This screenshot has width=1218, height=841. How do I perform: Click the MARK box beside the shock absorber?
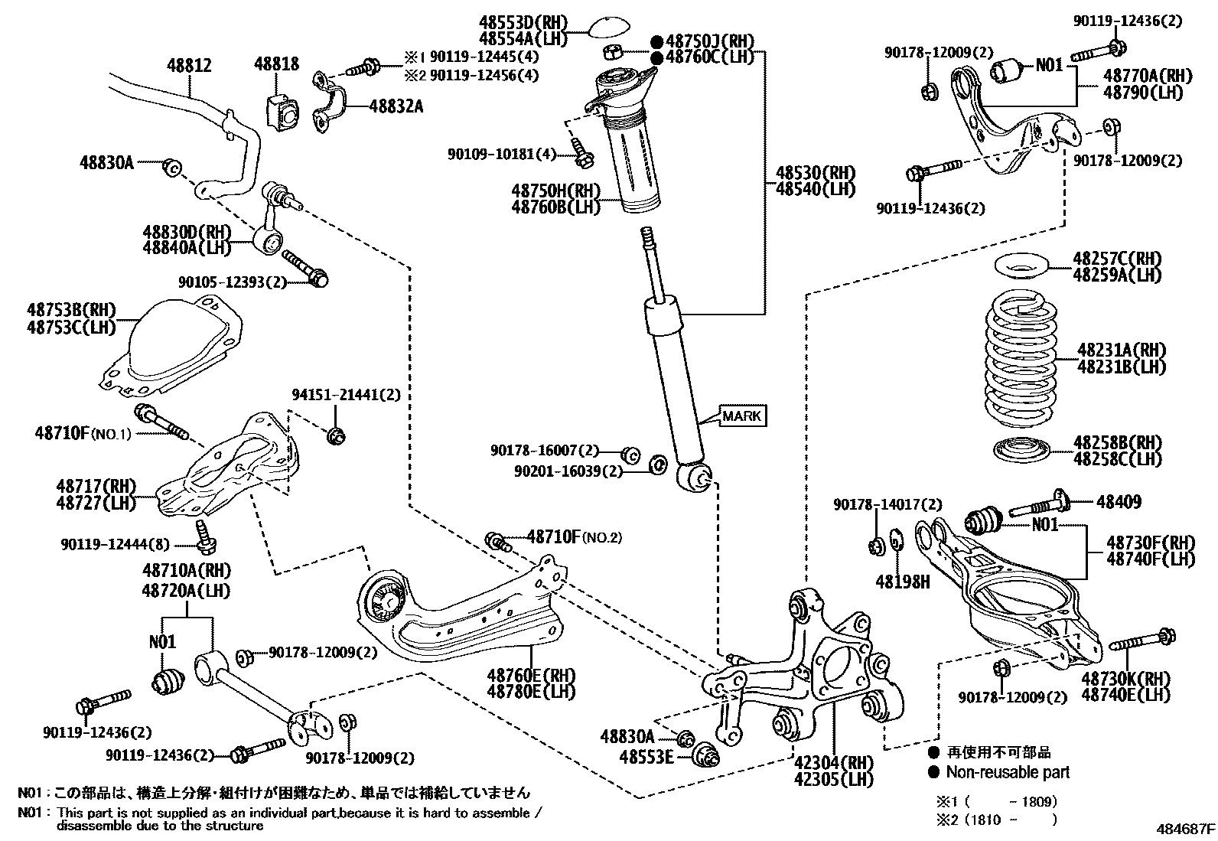[x=741, y=416]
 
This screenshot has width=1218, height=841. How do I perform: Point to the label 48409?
[x=1119, y=502]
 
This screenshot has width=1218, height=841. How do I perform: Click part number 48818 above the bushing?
[x=277, y=64]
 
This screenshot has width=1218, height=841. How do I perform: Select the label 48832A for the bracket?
[x=396, y=106]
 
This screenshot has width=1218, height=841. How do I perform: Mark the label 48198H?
[x=903, y=582]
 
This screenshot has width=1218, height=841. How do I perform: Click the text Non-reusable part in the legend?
[x=1008, y=772]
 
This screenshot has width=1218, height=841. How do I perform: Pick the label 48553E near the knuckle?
[x=647, y=757]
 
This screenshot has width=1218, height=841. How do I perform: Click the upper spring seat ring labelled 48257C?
[x=1021, y=269]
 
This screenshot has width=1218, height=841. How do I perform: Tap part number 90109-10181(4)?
[x=502, y=154]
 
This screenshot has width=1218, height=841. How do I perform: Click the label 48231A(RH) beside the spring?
[x=1122, y=350]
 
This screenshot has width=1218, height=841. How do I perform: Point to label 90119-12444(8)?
[x=116, y=544]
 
